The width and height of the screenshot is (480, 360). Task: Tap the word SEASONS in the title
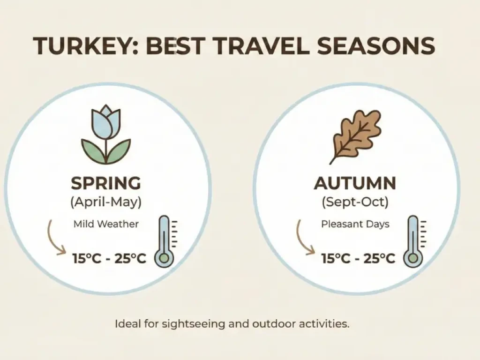pyautogui.click(x=376, y=46)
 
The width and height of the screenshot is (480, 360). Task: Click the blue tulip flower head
pyautogui.click(x=106, y=122)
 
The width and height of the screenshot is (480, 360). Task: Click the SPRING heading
pyautogui.click(x=106, y=183)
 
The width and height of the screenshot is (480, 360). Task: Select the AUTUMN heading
pyautogui.click(x=355, y=183)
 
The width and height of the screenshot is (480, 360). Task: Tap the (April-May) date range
pyautogui.click(x=106, y=202)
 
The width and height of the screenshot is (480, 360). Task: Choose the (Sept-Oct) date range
pyautogui.click(x=355, y=202)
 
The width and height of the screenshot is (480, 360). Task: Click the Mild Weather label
pyautogui.click(x=106, y=224)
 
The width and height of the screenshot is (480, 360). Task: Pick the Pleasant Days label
pyautogui.click(x=355, y=224)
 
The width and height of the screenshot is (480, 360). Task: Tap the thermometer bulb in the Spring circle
pyautogui.click(x=164, y=258)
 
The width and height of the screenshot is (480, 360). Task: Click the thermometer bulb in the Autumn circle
pyautogui.click(x=413, y=258)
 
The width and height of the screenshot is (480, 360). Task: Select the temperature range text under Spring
pyautogui.click(x=109, y=259)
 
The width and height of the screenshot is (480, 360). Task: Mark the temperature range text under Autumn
pyautogui.click(x=358, y=259)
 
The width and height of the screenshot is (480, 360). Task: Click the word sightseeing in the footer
pyautogui.click(x=194, y=324)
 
